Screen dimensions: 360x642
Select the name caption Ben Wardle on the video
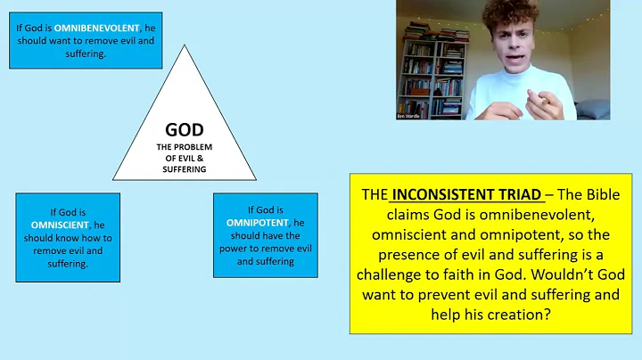click(x=409, y=116)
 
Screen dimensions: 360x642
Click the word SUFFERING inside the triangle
click(x=185, y=168)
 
